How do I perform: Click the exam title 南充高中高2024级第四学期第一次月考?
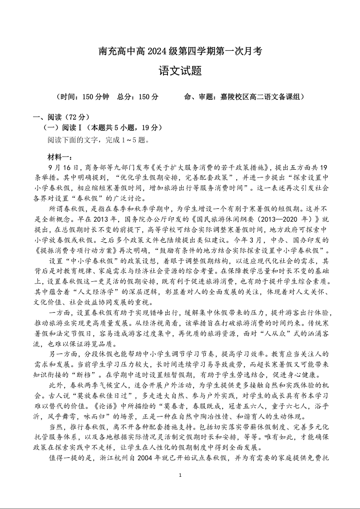point(180,51)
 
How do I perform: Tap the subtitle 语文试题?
point(180,71)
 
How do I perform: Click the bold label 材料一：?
point(59,157)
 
